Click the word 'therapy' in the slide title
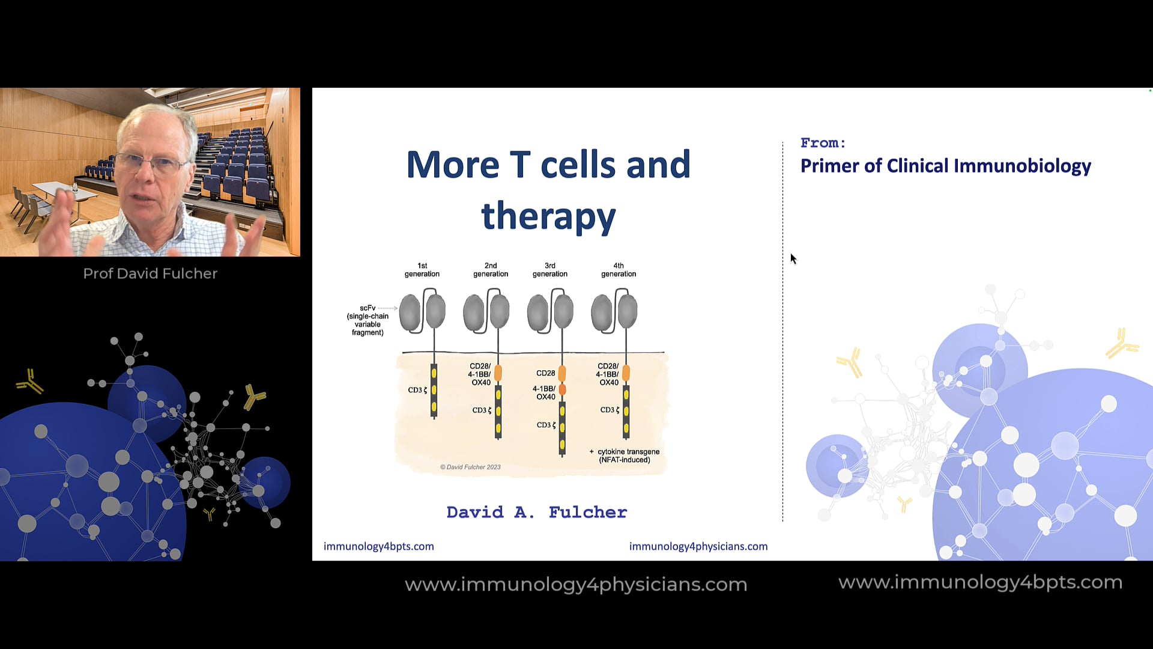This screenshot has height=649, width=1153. [548, 216]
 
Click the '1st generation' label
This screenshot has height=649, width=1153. [422, 270]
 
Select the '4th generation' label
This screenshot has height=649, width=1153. [619, 270]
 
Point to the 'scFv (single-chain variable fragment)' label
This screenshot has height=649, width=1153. [368, 320]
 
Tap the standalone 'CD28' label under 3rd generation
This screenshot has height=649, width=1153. [545, 373]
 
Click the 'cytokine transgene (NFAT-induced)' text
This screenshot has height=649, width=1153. [628, 456]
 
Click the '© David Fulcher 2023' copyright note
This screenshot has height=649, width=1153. [470, 467]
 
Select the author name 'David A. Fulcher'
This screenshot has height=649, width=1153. [536, 512]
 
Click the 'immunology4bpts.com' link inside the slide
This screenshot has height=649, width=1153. [378, 546]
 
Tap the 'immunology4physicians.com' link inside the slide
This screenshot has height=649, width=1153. [698, 546]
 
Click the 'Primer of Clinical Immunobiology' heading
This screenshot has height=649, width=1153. [945, 166]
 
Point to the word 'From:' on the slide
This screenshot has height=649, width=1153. [823, 143]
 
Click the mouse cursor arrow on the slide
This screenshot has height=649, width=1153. [793, 258]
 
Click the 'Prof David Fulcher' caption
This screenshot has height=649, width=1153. [150, 273]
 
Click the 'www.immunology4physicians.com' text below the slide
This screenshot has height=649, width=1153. [576, 584]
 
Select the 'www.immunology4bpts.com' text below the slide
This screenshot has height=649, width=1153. [980, 582]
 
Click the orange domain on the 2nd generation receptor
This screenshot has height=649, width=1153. [498, 373]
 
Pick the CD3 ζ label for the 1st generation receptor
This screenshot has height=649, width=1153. [417, 390]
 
